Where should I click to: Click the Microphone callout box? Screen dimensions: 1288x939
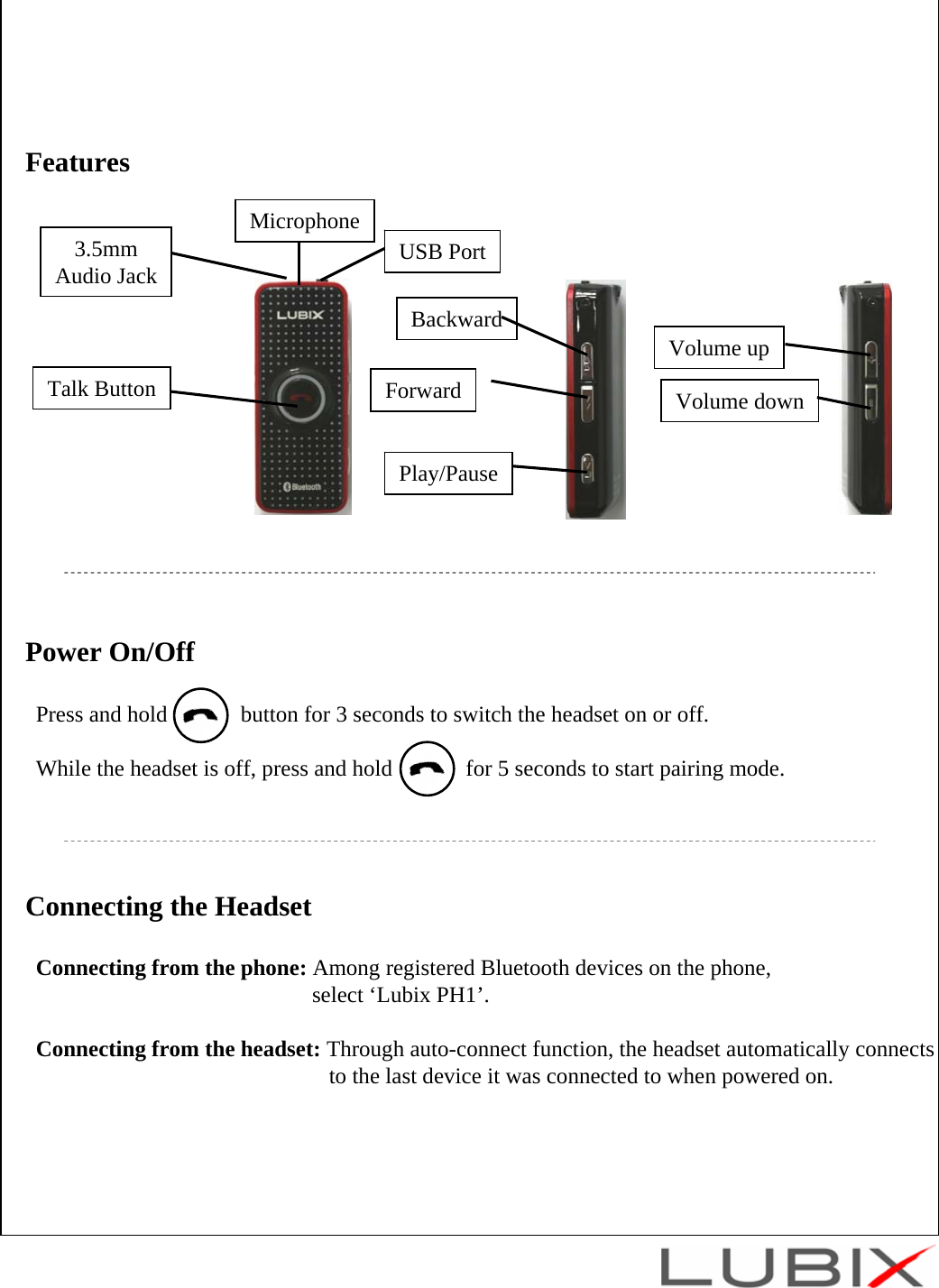(x=304, y=221)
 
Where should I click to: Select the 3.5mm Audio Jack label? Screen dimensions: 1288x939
(x=106, y=262)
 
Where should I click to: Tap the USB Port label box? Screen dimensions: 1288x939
(x=442, y=252)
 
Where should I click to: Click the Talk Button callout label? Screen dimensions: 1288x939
(x=102, y=389)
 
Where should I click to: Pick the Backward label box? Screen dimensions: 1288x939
(x=456, y=319)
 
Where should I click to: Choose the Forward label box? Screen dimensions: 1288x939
(x=423, y=391)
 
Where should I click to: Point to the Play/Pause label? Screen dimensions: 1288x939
(x=448, y=474)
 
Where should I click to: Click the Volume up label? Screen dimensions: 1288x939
(x=719, y=348)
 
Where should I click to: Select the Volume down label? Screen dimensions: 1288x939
(x=740, y=401)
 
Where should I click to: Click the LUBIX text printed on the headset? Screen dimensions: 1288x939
(x=300, y=315)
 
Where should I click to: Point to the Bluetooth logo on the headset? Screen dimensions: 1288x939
(x=302, y=486)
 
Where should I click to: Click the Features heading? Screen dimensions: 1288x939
(x=78, y=162)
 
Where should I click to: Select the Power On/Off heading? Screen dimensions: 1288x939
(x=110, y=652)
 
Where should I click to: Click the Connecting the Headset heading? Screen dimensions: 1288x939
(x=169, y=906)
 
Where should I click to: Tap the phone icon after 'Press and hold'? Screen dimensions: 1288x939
(x=200, y=715)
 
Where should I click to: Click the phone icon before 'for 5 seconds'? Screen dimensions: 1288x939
(x=427, y=769)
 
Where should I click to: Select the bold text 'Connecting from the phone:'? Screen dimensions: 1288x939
(x=171, y=968)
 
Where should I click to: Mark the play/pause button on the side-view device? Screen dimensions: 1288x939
(x=587, y=468)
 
